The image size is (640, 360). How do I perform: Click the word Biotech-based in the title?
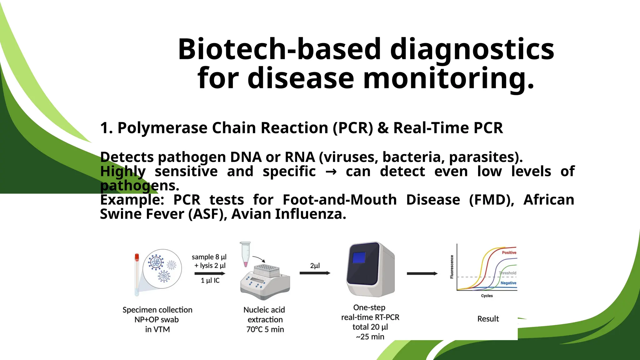(x=279, y=49)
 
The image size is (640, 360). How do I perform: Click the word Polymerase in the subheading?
(x=162, y=128)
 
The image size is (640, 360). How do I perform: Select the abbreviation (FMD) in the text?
(x=492, y=200)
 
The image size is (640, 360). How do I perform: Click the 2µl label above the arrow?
(x=315, y=266)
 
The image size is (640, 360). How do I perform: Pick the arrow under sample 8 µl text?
(x=209, y=273)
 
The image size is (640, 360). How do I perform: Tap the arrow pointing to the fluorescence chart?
(x=422, y=273)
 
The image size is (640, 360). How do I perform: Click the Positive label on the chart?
(x=509, y=252)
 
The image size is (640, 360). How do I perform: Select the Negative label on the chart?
(x=508, y=283)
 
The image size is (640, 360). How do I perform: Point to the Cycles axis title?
(x=487, y=296)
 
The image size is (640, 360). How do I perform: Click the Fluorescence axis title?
(x=452, y=267)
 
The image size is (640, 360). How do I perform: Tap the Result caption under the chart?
(x=488, y=319)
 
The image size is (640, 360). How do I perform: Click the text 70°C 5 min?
(x=265, y=329)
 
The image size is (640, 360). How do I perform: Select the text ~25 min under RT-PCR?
(x=370, y=337)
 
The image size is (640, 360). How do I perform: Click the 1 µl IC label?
(x=210, y=280)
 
